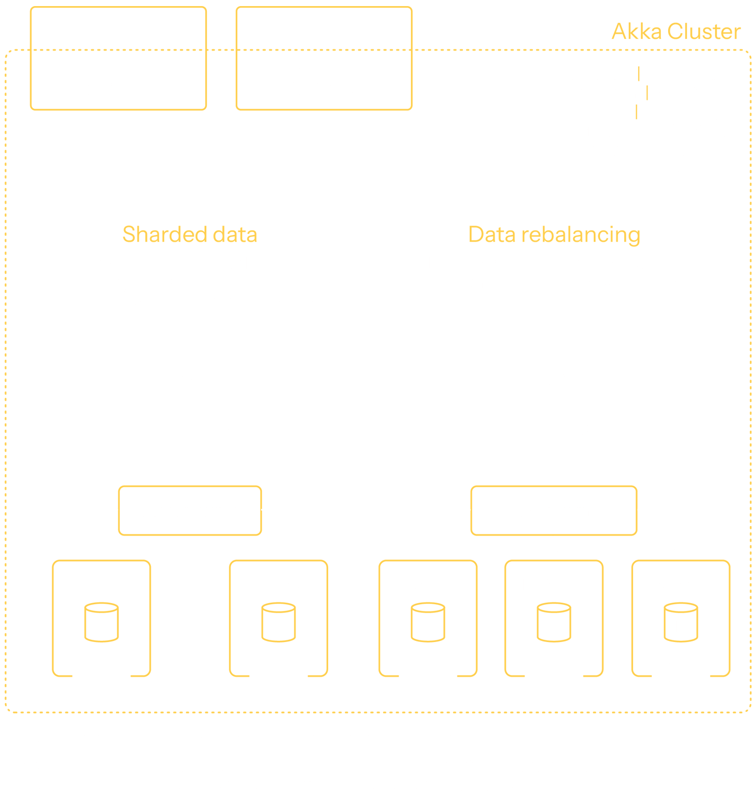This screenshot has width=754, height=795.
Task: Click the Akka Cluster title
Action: pos(675,32)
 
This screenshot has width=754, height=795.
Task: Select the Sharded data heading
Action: pos(190,235)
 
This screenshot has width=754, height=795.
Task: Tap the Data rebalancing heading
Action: pos(554,235)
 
